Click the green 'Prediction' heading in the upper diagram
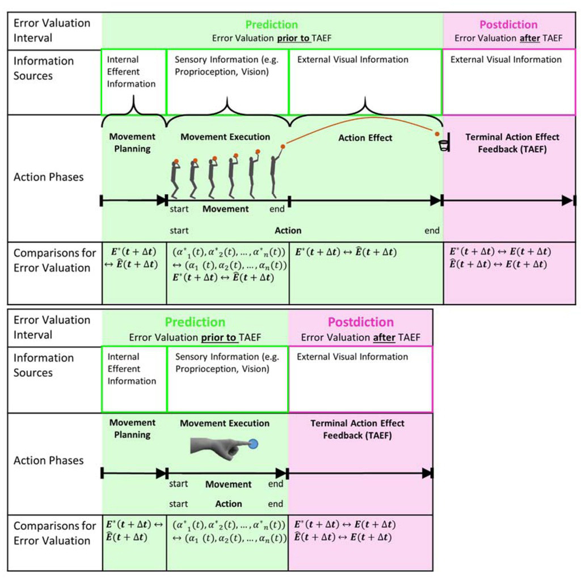[271, 25]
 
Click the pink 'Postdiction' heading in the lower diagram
[360, 322]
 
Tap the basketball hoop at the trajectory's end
[444, 145]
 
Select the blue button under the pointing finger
[254, 444]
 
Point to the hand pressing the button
[218, 447]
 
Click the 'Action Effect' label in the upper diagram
[365, 138]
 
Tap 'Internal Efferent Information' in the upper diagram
[131, 71]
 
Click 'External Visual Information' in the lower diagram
[352, 357]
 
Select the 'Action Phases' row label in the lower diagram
[48, 461]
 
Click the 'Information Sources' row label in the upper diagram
[44, 68]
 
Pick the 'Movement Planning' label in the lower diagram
[132, 429]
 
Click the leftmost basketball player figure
[175, 179]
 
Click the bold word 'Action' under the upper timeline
[288, 231]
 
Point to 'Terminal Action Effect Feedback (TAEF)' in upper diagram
[512, 143]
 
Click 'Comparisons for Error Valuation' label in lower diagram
[55, 533]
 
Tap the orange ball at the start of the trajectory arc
[283, 146]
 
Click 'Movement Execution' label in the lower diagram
[225, 423]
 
